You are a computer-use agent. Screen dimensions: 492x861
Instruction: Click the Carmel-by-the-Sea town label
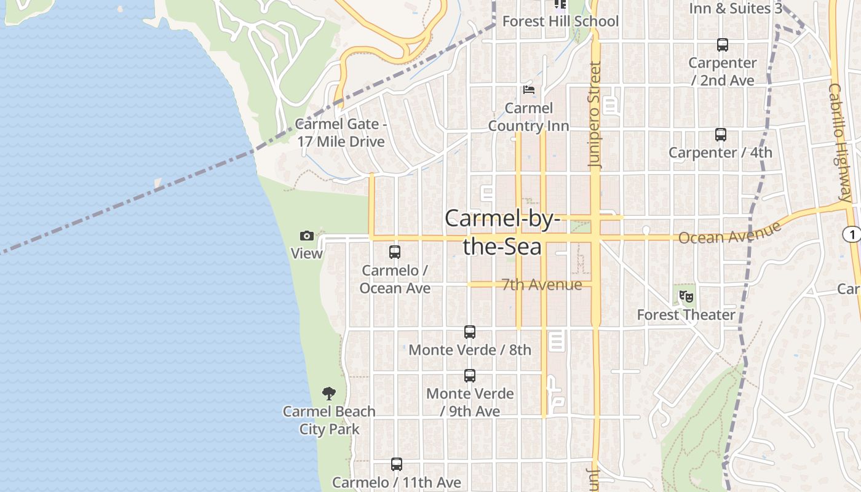pyautogui.click(x=502, y=232)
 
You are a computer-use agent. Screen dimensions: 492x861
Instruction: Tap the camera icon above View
pyautogui.click(x=307, y=236)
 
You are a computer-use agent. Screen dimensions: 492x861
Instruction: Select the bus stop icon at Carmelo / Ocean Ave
pyautogui.click(x=395, y=252)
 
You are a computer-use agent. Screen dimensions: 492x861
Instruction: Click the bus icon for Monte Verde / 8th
pyautogui.click(x=470, y=332)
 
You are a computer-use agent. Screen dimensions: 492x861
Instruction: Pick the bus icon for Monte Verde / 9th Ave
pyautogui.click(x=470, y=376)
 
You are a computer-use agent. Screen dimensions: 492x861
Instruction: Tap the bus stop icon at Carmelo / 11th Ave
pyautogui.click(x=397, y=464)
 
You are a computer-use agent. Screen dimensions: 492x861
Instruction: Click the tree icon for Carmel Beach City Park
pyautogui.click(x=329, y=394)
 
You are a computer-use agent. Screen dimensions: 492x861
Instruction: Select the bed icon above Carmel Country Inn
pyautogui.click(x=528, y=90)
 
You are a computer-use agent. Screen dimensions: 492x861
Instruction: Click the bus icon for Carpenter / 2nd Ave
pyautogui.click(x=723, y=45)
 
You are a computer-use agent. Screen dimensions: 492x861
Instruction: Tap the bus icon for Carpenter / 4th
pyautogui.click(x=721, y=135)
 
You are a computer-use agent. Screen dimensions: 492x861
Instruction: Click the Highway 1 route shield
pyautogui.click(x=851, y=234)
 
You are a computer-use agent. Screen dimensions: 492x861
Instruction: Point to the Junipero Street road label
pyautogui.click(x=595, y=115)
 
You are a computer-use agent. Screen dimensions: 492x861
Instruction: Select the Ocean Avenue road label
pyautogui.click(x=729, y=233)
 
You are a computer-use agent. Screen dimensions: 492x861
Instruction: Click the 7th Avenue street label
pyautogui.click(x=541, y=285)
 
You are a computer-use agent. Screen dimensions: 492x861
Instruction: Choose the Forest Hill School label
pyautogui.click(x=560, y=22)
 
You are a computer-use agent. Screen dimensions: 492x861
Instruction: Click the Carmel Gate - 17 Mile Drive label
pyautogui.click(x=341, y=133)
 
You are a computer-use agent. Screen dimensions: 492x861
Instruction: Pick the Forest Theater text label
pyautogui.click(x=686, y=315)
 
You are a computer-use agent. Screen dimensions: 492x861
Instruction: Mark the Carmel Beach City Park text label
pyautogui.click(x=329, y=420)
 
